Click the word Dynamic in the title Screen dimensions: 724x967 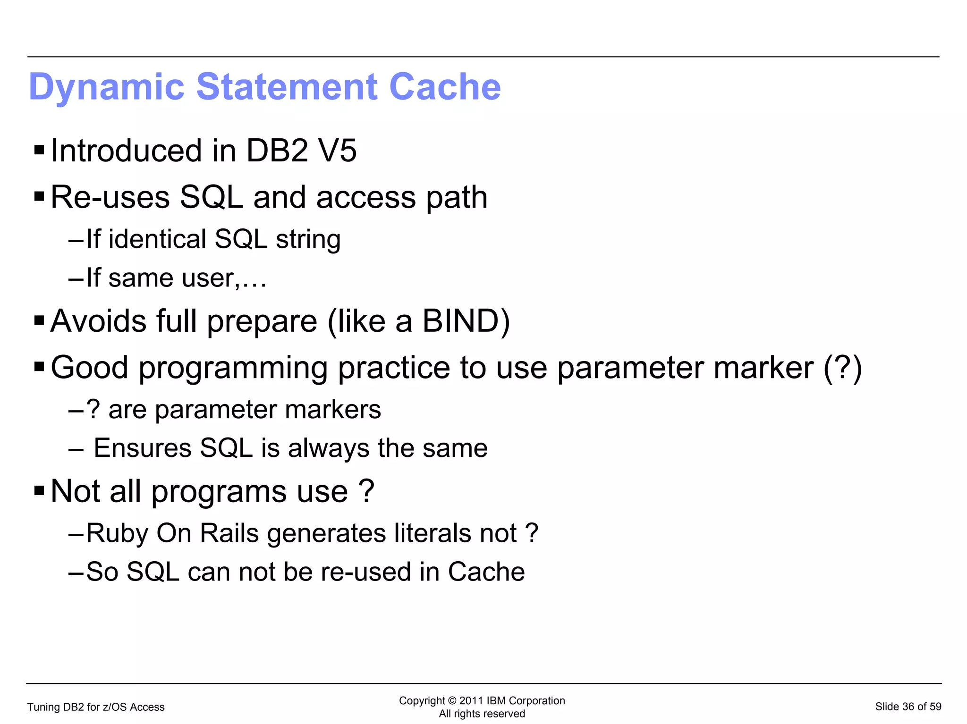[x=106, y=88]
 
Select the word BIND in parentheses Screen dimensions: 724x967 [x=461, y=321]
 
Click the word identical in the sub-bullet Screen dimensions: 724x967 [x=157, y=239]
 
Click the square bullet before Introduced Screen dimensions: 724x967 [x=39, y=151]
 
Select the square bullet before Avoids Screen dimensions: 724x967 [x=39, y=321]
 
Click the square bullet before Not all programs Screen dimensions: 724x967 [x=39, y=491]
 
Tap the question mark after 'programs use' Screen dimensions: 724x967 [x=367, y=491]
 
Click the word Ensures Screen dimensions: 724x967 [x=143, y=448]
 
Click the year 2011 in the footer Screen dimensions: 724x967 [x=471, y=701]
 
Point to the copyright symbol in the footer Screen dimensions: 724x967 [x=452, y=701]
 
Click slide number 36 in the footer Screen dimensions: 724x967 [x=908, y=707]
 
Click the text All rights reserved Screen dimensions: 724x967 [x=482, y=714]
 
